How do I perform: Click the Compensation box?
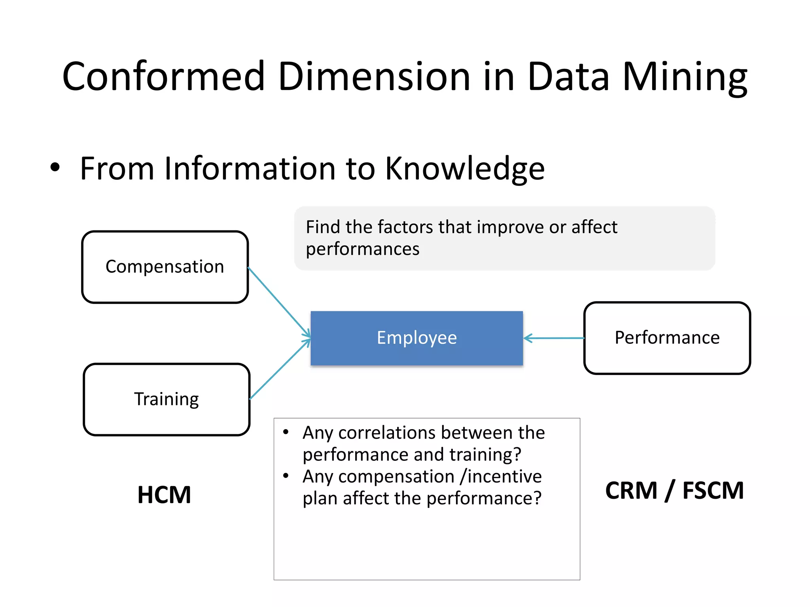[x=165, y=267]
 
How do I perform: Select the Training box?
[x=167, y=400]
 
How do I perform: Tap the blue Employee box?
[x=416, y=338]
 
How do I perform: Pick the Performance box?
[x=667, y=338]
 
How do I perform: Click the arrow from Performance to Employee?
[x=554, y=338]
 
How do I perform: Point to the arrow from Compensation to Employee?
[x=279, y=302]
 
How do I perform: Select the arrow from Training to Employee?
[x=280, y=369]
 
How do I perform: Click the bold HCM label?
[x=164, y=495]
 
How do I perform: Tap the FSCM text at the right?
[x=713, y=491]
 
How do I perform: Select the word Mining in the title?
[x=685, y=77]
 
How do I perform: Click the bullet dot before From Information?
[x=55, y=167]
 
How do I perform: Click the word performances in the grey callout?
[x=362, y=249]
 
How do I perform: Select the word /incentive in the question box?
[x=501, y=477]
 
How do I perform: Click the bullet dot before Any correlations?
[x=286, y=432]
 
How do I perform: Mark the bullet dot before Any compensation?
[x=286, y=476]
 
